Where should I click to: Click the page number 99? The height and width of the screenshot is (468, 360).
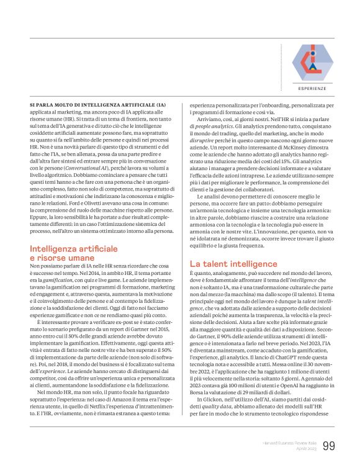330,446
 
